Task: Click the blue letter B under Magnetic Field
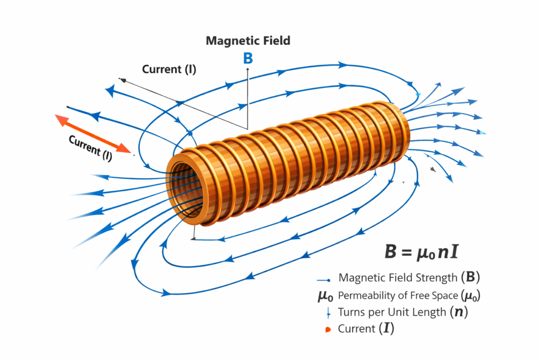(x=248, y=58)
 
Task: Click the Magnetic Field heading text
(x=248, y=41)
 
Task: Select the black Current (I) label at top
(x=169, y=70)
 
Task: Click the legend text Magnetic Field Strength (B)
(x=409, y=278)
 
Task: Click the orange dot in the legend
(x=328, y=329)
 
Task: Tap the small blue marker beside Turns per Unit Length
(x=328, y=313)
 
